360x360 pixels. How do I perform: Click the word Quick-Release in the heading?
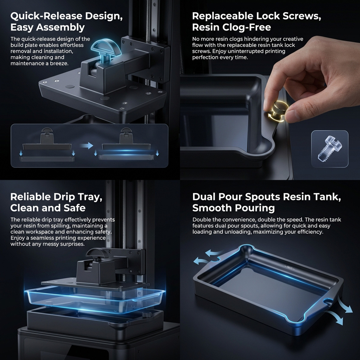[46, 16]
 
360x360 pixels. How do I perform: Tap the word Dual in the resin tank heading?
[204, 197]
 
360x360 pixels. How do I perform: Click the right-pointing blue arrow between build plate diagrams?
[87, 145]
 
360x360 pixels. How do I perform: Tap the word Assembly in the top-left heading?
[60, 28]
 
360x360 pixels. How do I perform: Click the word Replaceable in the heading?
[223, 16]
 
